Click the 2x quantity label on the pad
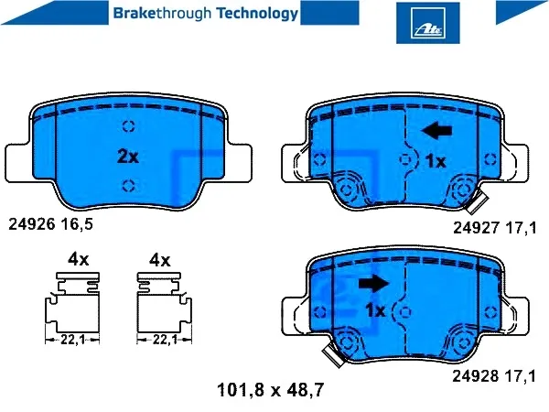coord(127,157)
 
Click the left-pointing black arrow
coord(437,131)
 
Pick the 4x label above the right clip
coord(159,260)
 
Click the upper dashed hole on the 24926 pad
coord(128,126)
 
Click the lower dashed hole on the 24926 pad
coord(128,186)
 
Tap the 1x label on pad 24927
coord(435,161)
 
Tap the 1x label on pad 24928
coord(375,311)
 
